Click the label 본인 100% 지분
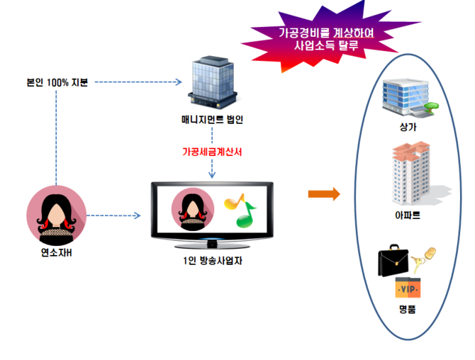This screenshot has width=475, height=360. tap(57, 82)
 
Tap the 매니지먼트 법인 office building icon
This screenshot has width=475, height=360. tap(211, 81)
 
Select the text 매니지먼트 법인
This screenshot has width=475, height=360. tap(212, 120)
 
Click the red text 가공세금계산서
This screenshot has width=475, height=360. tap(212, 152)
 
